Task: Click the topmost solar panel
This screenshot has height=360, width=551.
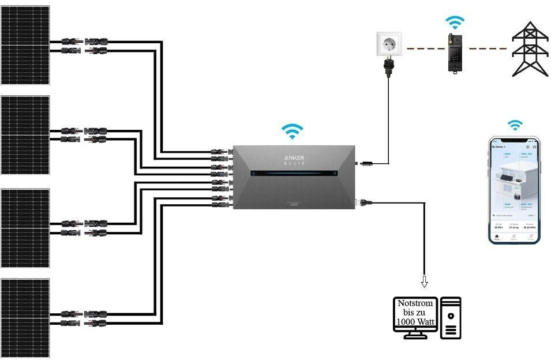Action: (25, 45)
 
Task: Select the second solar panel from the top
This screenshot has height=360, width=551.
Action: (25, 135)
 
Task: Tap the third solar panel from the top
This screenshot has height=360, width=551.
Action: (25, 228)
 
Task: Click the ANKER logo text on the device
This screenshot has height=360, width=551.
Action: (294, 158)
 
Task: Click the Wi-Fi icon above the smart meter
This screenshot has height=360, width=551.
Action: (455, 23)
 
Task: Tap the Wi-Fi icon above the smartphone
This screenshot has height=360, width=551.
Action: (514, 125)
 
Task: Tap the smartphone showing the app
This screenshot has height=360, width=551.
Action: (514, 190)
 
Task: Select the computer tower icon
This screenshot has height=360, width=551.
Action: (451, 318)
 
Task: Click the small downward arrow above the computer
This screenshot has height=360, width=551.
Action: (425, 282)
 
